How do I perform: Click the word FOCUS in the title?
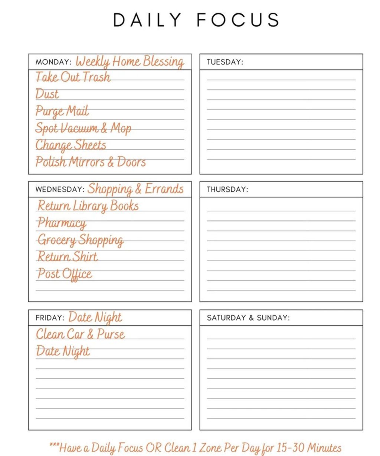[x=238, y=20]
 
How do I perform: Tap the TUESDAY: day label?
[x=225, y=62]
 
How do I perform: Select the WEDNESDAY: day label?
[x=60, y=189]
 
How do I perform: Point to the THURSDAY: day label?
[x=227, y=189]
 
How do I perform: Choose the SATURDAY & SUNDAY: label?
[x=248, y=318]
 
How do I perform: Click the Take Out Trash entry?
[x=73, y=77]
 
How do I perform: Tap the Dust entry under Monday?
[x=47, y=94]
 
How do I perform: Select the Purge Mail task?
[x=62, y=111]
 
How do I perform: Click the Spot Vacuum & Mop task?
[x=83, y=128]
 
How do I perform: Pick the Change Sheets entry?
[x=71, y=145]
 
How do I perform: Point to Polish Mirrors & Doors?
[x=91, y=162]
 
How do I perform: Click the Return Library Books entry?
[x=88, y=206]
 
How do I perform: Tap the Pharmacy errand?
[x=62, y=223]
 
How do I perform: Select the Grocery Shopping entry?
[x=81, y=240]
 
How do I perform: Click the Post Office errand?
[x=65, y=274]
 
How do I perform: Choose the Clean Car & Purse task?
[x=81, y=334]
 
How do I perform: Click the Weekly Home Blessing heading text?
[x=130, y=61]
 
